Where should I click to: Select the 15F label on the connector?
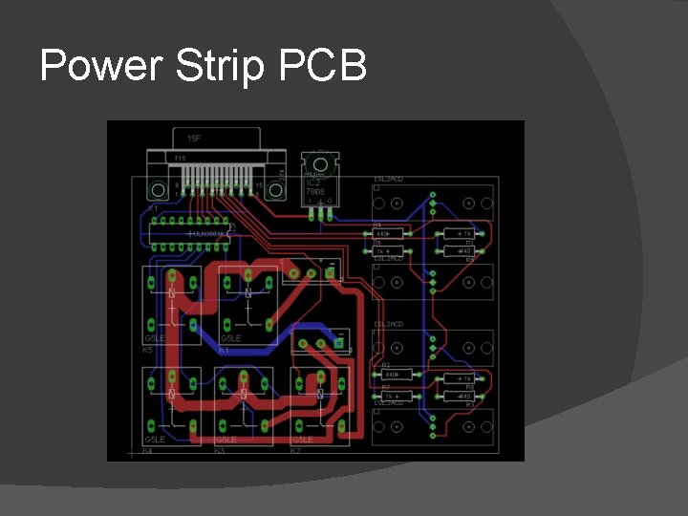click(194, 138)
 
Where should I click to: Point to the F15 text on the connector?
click(180, 158)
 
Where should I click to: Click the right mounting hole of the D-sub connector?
click(275, 189)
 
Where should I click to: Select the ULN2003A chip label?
click(207, 232)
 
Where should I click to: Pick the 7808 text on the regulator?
click(314, 191)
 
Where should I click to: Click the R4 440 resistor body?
click(385, 233)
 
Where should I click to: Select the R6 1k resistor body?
click(385, 250)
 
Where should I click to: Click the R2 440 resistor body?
click(390, 375)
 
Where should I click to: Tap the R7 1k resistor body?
click(390, 396)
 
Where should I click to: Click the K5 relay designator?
click(148, 350)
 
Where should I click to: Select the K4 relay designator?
click(148, 449)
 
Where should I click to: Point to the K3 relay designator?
click(220, 449)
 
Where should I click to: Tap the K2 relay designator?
click(295, 449)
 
